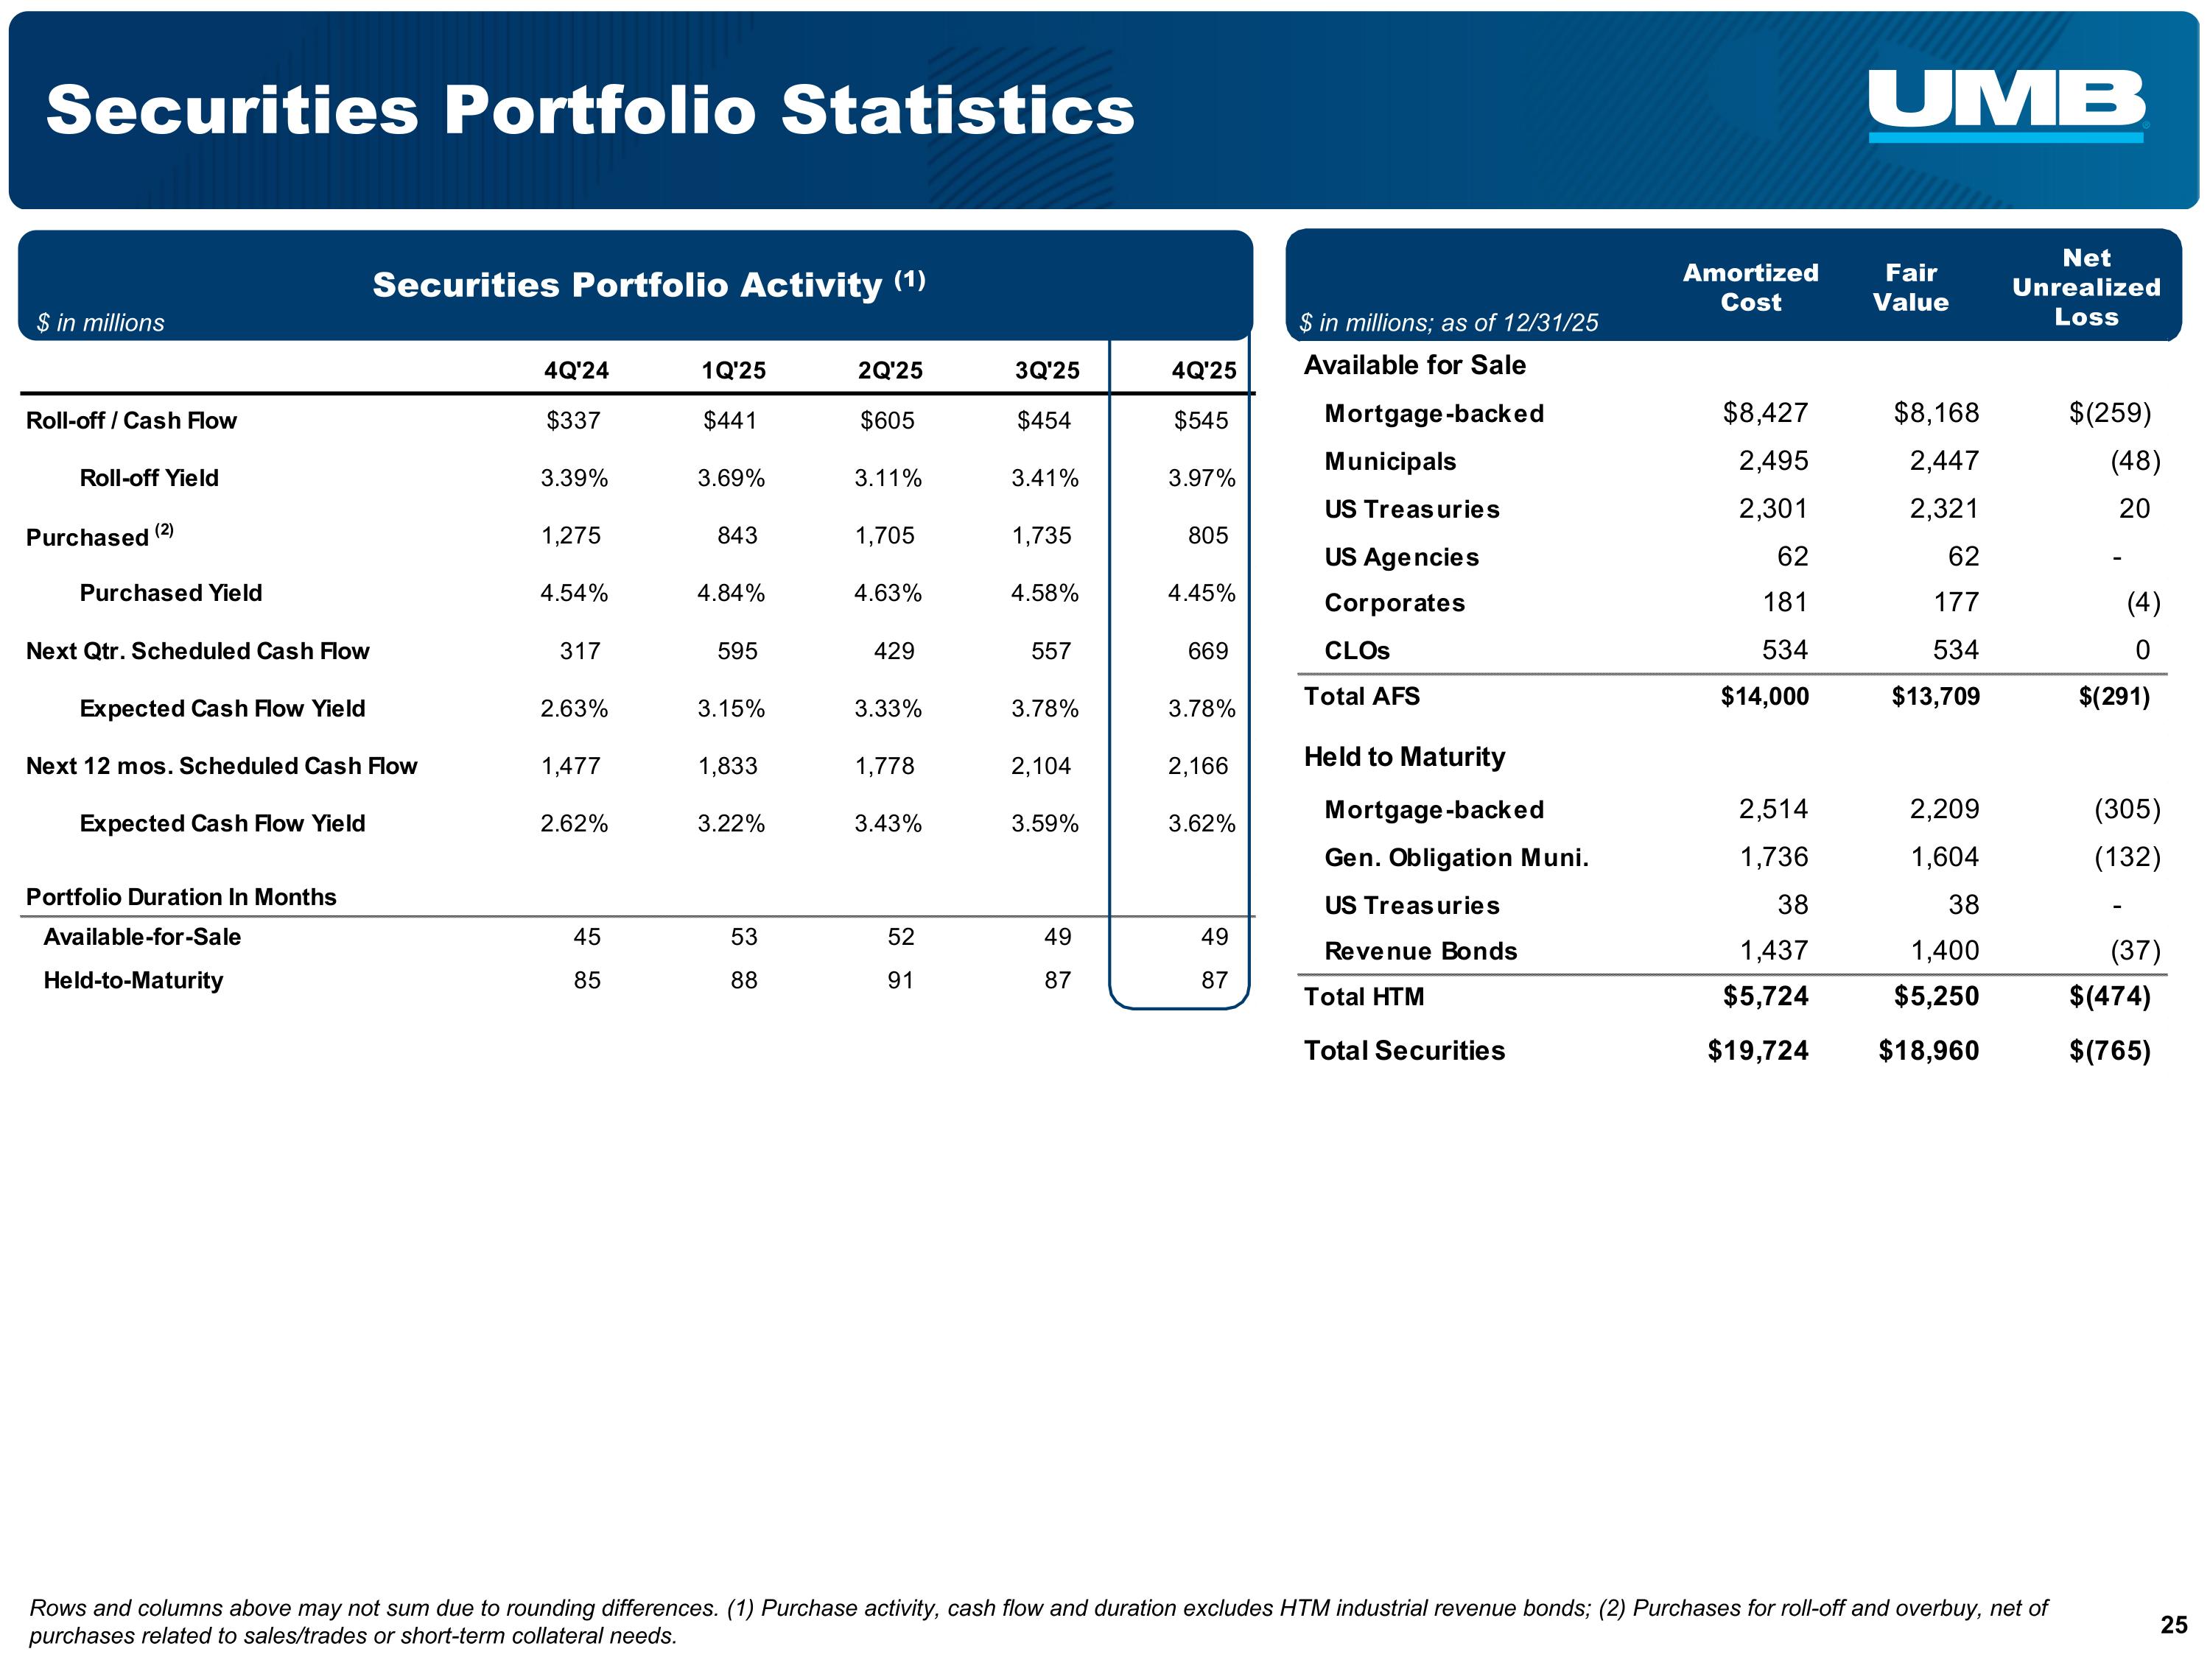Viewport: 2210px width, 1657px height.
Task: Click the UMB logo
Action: [x=2006, y=105]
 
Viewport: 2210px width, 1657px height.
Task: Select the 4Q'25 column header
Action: [x=1203, y=370]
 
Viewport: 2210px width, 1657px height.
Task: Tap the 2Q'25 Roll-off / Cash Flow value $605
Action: [x=887, y=421]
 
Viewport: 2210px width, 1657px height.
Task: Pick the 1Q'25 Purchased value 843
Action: [x=737, y=535]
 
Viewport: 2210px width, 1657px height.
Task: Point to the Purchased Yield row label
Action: [x=171, y=594]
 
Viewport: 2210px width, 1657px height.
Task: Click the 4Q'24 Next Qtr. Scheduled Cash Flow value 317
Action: [x=580, y=651]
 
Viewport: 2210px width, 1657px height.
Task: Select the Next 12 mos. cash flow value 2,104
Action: [x=1040, y=766]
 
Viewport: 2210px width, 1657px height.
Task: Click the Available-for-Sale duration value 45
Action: [x=586, y=937]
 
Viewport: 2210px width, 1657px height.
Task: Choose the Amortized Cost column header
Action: [x=1750, y=288]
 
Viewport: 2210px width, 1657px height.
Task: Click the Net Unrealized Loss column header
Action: [x=2086, y=288]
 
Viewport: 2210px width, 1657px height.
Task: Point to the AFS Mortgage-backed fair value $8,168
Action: [x=1935, y=412]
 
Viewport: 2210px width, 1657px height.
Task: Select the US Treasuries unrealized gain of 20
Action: [x=2134, y=508]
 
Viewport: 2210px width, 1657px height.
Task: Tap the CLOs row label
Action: [x=1357, y=651]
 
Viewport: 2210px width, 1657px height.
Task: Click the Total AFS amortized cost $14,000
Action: [x=1764, y=696]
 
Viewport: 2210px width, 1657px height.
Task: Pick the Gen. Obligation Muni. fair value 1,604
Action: [x=1944, y=857]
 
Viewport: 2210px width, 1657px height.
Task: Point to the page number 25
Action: [x=2173, y=1625]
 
